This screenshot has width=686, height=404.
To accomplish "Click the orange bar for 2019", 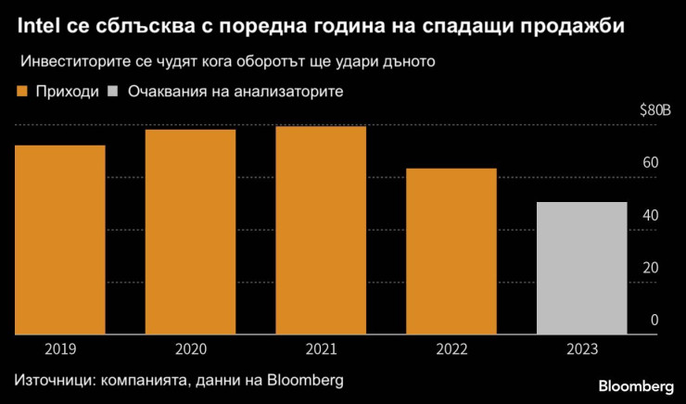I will [x=59, y=239].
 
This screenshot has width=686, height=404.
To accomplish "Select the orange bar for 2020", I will [x=190, y=232].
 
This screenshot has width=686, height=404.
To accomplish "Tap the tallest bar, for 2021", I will [x=321, y=230].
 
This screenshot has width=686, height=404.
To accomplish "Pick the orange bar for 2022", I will [x=451, y=251].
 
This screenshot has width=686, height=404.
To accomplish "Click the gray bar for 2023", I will [x=582, y=268].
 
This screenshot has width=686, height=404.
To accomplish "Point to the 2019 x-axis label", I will [x=59, y=348].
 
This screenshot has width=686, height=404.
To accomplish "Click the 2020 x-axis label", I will [x=190, y=348].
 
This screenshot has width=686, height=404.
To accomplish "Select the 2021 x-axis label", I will [x=321, y=348].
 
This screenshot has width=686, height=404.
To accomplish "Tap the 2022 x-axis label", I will [x=451, y=348].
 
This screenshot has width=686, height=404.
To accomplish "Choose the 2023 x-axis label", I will [x=582, y=348].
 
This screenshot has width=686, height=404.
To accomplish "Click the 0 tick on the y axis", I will [x=654, y=320].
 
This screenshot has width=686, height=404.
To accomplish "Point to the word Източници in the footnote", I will [x=50, y=380].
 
